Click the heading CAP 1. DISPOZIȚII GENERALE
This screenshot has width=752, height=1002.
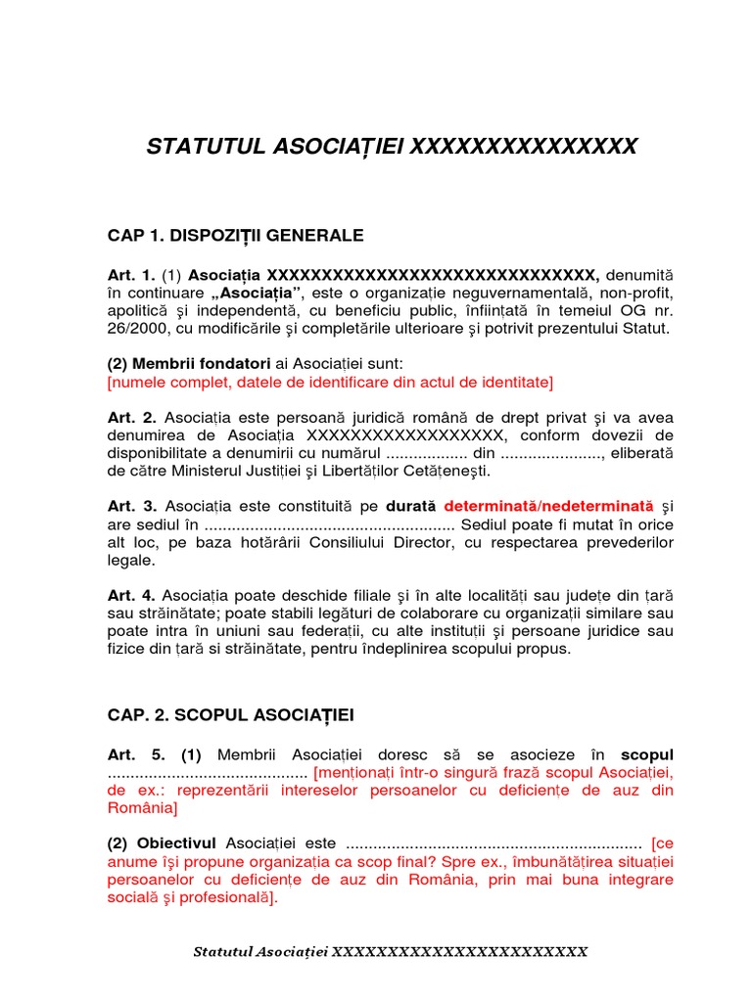pos(235,236)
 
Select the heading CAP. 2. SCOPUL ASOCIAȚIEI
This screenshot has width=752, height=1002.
pos(230,715)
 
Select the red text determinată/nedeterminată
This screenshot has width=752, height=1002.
pos(548,507)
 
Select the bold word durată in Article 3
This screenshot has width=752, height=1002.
pos(413,507)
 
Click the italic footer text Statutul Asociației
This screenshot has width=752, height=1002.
pos(261,952)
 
